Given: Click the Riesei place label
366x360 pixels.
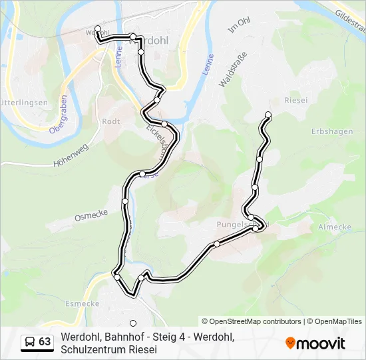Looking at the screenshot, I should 295,100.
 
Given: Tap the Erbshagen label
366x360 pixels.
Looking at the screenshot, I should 331,131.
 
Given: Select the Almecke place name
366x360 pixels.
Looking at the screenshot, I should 334,227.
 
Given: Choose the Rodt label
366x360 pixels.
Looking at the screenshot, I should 110,121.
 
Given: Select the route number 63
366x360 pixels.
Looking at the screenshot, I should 45,342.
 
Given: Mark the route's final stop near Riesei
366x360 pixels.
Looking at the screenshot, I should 268,115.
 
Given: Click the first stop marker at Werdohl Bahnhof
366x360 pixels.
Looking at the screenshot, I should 98,29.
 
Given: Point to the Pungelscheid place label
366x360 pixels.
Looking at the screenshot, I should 237,225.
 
